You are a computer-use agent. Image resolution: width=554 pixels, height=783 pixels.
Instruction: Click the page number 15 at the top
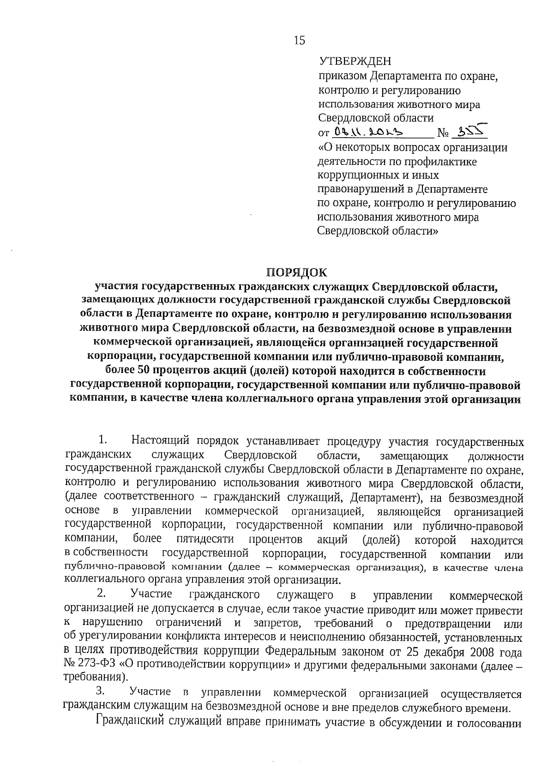(299, 41)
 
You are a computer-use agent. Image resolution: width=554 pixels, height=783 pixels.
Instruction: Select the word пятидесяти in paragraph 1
(205, 540)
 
